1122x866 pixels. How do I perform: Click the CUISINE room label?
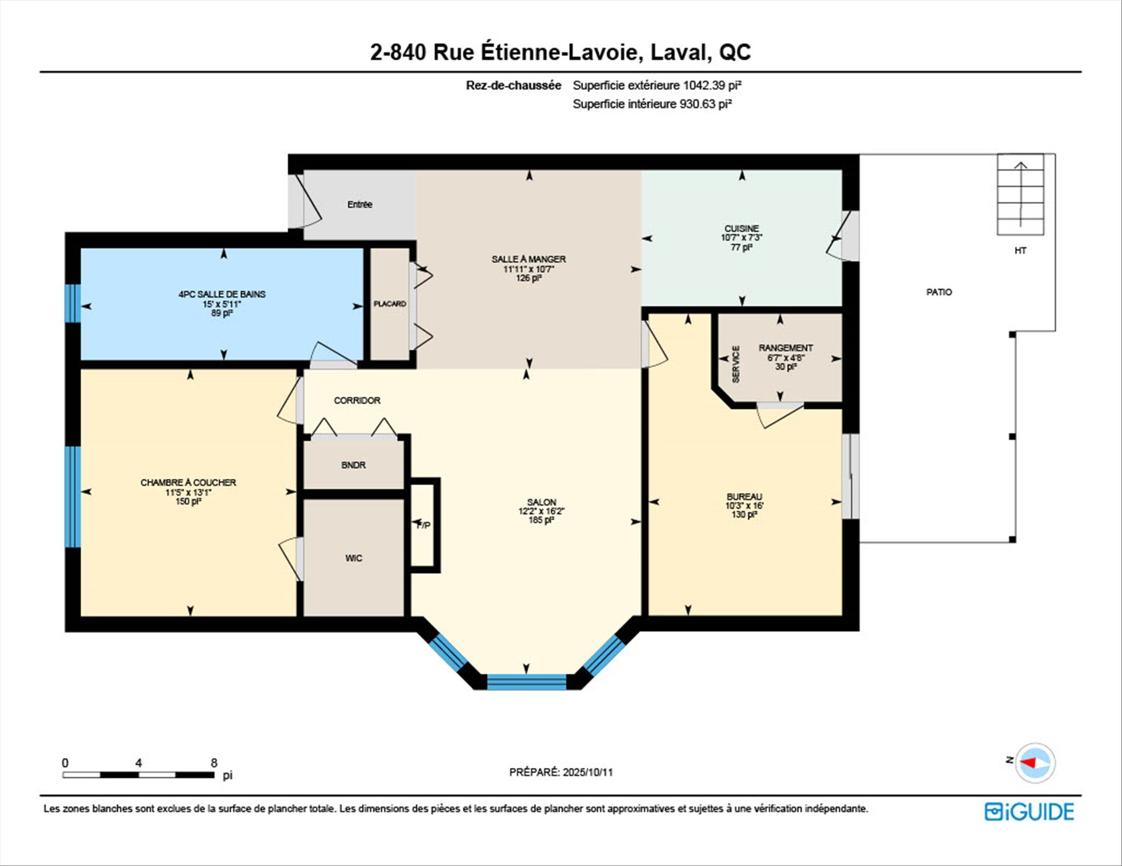pos(742,228)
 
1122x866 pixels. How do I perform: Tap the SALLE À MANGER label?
pos(528,259)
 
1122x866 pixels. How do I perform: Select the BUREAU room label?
pos(744,496)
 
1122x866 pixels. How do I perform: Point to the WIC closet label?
pos(354,558)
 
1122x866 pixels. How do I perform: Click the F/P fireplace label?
pos(424,526)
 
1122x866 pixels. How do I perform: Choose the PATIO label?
pos(939,292)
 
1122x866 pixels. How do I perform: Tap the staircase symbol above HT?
pos(1020,194)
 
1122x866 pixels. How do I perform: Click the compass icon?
pos(1035,763)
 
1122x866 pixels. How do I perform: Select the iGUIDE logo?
pos(1029,812)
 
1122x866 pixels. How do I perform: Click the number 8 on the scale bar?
pos(214,763)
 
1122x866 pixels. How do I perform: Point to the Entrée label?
pos(359,204)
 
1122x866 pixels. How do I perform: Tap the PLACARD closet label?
pos(390,304)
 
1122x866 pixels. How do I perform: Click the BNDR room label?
pos(354,465)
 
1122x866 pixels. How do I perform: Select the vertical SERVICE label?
pos(736,364)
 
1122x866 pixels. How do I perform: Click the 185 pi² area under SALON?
pos(541,520)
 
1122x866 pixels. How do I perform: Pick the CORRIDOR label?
pos(357,400)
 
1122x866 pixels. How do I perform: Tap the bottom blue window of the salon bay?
pos(527,682)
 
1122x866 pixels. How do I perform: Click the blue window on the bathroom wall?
pos(73,304)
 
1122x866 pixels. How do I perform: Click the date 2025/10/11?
pos(587,772)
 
